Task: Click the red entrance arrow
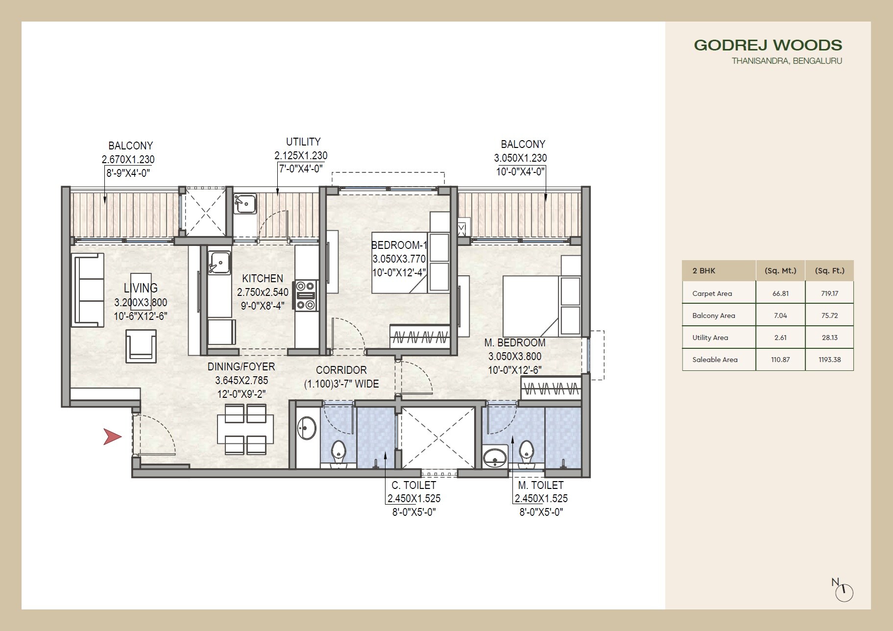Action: (x=112, y=437)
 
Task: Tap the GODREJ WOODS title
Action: (x=768, y=45)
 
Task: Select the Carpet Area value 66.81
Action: (x=780, y=293)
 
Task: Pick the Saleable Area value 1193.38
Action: (x=829, y=360)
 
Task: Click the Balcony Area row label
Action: (x=713, y=315)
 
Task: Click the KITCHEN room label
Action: (x=263, y=278)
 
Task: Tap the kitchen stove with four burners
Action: (x=306, y=295)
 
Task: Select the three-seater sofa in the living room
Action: (x=89, y=290)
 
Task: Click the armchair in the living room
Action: (x=141, y=346)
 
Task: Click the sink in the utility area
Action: (x=244, y=203)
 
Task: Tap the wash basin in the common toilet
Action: (x=307, y=428)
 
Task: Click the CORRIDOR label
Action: (x=341, y=370)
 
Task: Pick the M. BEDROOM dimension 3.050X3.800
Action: (x=514, y=357)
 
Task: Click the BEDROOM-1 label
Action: (x=399, y=245)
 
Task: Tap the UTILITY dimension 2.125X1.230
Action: (x=301, y=156)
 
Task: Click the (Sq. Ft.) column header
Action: (x=829, y=270)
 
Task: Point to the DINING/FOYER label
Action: (x=241, y=366)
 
